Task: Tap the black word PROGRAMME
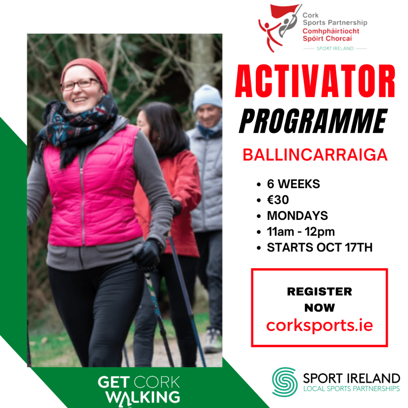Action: tap(313, 121)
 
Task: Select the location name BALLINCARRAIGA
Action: tap(315, 155)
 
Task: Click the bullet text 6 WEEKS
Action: tap(293, 184)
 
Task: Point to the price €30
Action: tap(278, 200)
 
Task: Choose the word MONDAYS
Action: tap(297, 216)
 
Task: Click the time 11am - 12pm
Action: tap(301, 231)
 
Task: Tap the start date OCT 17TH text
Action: tap(345, 247)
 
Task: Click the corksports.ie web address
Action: tap(320, 326)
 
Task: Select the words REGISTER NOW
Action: tap(320, 300)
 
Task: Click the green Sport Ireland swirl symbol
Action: tap(285, 382)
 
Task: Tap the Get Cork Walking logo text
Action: tap(139, 390)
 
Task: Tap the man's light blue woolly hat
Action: tap(207, 98)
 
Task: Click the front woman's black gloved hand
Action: tap(147, 253)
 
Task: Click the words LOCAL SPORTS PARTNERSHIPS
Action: tap(351, 389)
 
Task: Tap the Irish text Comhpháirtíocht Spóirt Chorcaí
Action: tap(331, 35)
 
